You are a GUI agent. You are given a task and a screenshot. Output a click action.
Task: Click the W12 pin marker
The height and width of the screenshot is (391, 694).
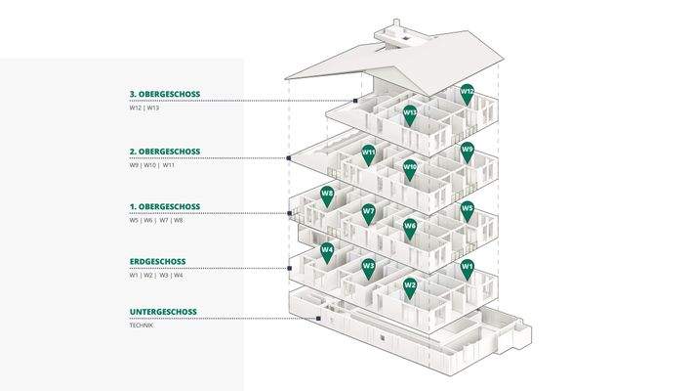pos(468,93)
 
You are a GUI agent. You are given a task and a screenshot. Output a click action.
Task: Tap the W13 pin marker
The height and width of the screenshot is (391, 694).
pos(410,113)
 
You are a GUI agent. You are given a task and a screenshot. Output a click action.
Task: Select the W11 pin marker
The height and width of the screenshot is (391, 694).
pos(368,153)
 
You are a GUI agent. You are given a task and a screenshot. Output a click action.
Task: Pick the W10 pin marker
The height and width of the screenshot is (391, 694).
pos(410,169)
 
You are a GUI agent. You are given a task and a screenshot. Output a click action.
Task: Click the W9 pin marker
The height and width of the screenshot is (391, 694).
pos(468,152)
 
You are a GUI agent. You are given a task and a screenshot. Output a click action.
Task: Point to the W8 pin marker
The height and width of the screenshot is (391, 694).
pos(327,195)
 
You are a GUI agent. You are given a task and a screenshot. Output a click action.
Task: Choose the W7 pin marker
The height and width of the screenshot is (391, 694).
pos(368,212)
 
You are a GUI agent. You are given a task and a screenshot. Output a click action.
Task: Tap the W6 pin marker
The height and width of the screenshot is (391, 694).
pos(410,228)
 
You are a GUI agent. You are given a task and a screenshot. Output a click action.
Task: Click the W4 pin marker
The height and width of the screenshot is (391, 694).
pos(327,251)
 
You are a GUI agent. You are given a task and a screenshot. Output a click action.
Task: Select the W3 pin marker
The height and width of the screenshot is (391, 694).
pos(368,267)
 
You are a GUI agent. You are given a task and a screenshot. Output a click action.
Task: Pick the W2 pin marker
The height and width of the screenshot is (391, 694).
pos(410,286)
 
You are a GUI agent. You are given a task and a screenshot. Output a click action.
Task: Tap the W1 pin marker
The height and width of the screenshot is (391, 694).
pos(468,267)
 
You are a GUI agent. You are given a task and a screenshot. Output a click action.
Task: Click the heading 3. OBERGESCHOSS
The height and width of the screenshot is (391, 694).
pos(165,95)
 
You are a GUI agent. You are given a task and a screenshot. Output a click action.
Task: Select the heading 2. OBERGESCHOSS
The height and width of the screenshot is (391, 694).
pos(165,152)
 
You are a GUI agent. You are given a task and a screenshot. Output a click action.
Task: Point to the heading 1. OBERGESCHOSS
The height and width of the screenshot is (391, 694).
pos(165,207)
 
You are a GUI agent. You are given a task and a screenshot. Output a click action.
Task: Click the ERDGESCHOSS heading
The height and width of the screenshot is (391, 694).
pos(157,262)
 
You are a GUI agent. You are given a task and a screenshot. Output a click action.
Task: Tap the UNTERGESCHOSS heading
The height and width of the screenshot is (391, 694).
pos(163,312)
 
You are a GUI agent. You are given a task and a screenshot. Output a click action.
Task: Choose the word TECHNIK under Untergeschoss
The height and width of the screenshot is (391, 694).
pos(142,325)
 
